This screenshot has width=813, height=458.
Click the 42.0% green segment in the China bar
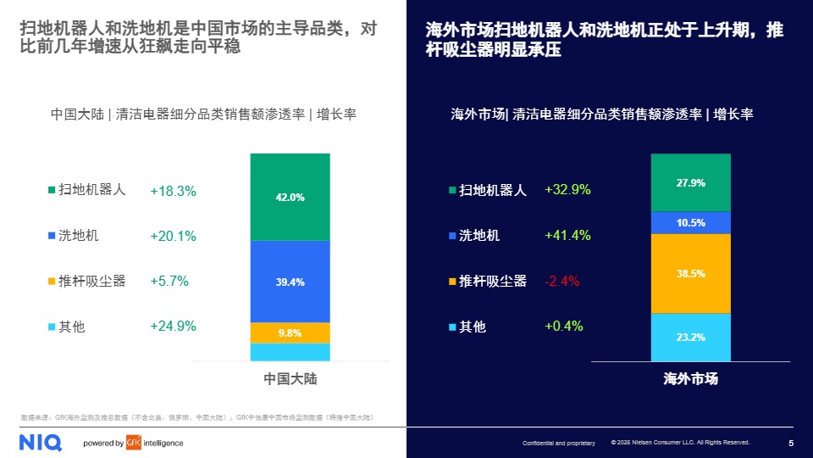290,197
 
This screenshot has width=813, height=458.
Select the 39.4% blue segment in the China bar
290,282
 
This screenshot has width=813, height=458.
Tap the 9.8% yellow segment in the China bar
290,332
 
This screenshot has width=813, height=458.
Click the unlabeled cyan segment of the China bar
290,352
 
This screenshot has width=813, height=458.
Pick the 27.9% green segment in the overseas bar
690,182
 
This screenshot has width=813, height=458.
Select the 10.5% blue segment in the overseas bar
690,222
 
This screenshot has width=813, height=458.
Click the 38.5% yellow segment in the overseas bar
690,273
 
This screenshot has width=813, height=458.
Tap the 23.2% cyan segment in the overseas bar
690,337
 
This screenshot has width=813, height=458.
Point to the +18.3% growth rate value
173,192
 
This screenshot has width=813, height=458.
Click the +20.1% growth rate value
173,236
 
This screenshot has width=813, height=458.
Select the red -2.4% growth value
561,282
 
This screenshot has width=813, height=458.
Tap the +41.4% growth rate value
567,236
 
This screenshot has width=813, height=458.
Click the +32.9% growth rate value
567,190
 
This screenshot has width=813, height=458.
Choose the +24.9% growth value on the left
173,326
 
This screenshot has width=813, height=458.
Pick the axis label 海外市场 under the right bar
690,379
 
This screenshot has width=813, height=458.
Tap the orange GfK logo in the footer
134,443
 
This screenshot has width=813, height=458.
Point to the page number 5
791,443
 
